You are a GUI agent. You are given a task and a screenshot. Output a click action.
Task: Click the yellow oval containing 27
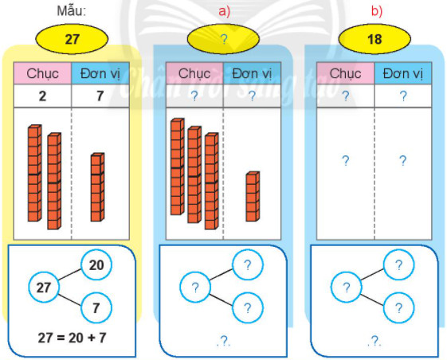coord(72,39)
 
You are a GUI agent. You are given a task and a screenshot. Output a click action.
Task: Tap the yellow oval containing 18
coord(374,39)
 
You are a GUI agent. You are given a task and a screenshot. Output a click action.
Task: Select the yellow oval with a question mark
coord(223,39)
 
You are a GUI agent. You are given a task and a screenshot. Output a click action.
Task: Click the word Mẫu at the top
coord(72,11)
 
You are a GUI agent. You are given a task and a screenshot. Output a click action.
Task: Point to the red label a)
coord(224,11)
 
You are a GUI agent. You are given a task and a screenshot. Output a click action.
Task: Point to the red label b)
coord(377,11)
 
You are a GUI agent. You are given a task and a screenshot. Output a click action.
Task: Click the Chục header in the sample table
coord(42,73)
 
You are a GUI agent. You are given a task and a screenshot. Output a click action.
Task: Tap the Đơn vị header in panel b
coord(403,73)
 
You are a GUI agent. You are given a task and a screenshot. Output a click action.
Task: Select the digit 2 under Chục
coord(42,96)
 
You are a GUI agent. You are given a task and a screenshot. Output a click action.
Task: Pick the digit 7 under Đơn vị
coord(100,96)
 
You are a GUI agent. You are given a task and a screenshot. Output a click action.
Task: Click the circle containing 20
coord(96,265)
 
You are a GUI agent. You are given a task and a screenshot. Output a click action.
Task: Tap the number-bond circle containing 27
coord(44,287)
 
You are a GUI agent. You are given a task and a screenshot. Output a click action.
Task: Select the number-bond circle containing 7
coord(96,308)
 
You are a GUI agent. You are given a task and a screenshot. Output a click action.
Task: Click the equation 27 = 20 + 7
coord(72,338)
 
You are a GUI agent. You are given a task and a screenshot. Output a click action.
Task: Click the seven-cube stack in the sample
coord(97,187)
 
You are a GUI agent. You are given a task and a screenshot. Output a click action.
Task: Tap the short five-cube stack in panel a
coord(253,197)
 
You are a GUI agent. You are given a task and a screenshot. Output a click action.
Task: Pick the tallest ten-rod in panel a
coord(178,166)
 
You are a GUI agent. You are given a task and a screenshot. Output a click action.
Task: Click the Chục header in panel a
coord(194,73)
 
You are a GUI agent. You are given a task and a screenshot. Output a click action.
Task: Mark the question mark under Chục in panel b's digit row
coord(345,96)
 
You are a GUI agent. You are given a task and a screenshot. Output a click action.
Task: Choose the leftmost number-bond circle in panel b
coord(346,287)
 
